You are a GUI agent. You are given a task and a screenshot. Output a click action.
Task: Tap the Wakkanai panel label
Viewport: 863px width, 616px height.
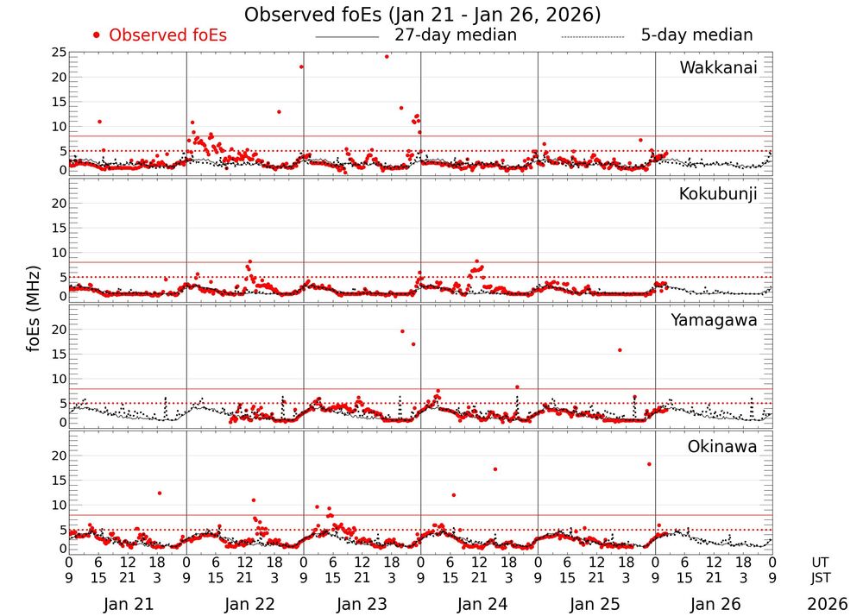[718, 68]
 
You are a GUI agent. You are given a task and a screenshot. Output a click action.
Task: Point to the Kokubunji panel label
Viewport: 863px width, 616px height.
[718, 194]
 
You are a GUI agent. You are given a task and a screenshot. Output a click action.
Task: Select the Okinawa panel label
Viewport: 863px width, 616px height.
[722, 446]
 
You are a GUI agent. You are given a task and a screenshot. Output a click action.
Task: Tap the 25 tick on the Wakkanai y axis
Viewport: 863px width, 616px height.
[60, 53]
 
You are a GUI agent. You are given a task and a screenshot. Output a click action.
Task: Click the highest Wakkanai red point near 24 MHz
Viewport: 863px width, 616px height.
[387, 57]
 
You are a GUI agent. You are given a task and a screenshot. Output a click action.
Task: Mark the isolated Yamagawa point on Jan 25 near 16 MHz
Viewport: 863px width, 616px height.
[620, 349]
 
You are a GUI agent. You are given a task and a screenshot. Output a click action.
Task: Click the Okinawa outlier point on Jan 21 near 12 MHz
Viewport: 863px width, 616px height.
[160, 493]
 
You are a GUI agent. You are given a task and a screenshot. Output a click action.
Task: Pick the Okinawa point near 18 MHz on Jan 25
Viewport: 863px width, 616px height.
[649, 464]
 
